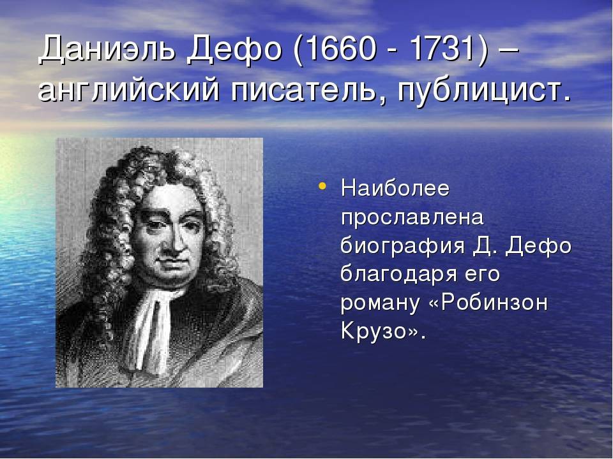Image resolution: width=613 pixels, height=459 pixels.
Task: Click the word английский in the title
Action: click(x=129, y=91)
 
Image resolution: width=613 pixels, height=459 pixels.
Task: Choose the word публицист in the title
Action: click(x=480, y=91)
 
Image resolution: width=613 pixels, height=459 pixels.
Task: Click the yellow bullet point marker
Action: click(x=322, y=186)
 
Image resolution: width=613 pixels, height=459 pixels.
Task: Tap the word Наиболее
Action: click(x=395, y=188)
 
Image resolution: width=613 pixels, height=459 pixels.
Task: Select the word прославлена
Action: click(x=412, y=219)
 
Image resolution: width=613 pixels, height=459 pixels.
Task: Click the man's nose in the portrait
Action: click(x=169, y=242)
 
